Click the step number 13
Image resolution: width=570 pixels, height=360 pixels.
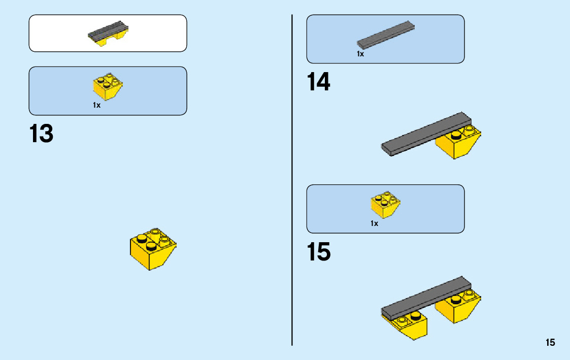[41, 134]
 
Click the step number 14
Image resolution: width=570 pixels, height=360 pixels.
[318, 82]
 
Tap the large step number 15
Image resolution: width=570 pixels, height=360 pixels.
[318, 252]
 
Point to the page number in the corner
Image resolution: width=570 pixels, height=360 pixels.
[550, 343]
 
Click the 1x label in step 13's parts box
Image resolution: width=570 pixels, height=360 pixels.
[96, 105]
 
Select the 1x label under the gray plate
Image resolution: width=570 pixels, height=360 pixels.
[360, 54]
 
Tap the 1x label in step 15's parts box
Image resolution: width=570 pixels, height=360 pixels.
[374, 223]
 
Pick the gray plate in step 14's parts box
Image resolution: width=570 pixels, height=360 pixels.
[385, 35]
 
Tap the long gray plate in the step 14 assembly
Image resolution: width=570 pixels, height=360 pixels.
[421, 134]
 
